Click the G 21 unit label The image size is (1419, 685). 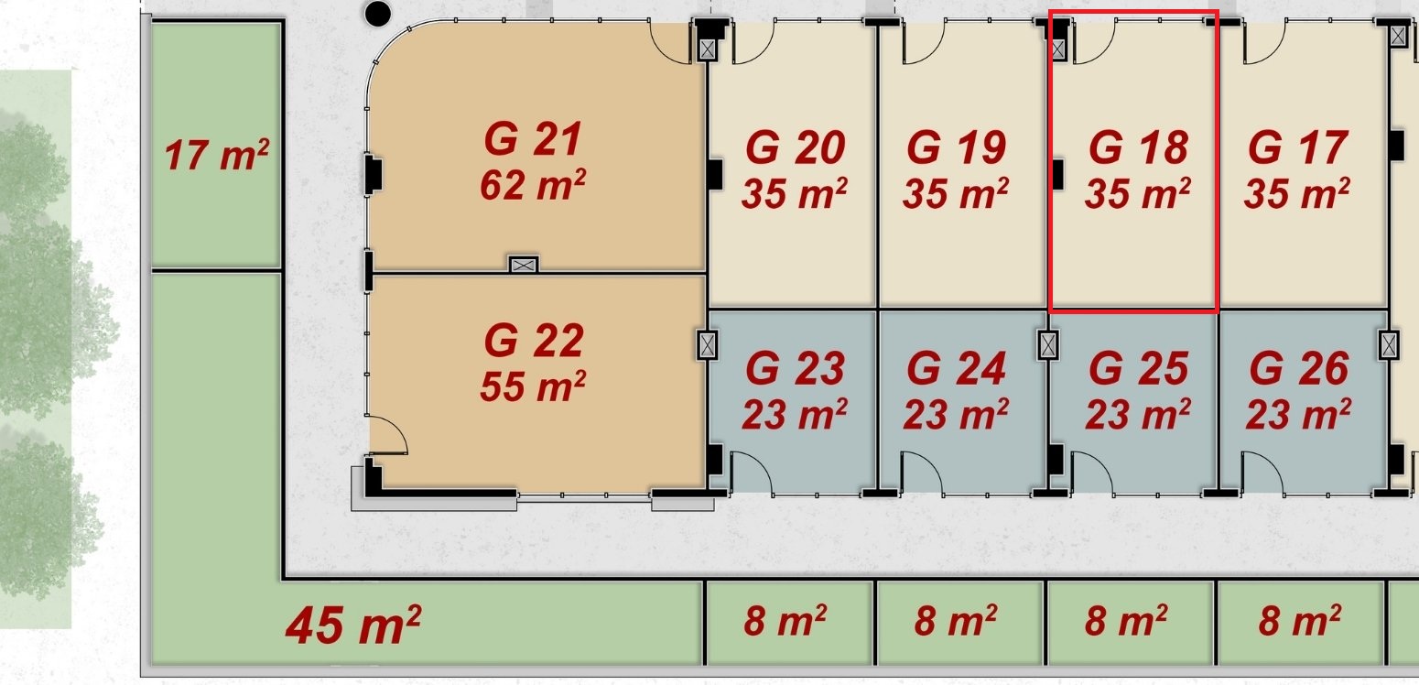click(x=533, y=139)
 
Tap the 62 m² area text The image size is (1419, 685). click(x=533, y=184)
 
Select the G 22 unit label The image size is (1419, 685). click(x=534, y=341)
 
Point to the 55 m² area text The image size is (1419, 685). click(x=533, y=386)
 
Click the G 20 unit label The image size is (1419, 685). click(x=795, y=147)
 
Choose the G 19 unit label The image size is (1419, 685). click(x=956, y=147)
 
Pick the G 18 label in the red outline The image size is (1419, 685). click(x=1138, y=147)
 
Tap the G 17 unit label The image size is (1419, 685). click(x=1297, y=147)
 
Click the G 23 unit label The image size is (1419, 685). click(x=795, y=368)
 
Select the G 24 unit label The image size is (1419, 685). click(x=956, y=368)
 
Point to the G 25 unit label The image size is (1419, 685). click(x=1138, y=368)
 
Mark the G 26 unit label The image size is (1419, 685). click(x=1299, y=368)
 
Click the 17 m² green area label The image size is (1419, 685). click(x=217, y=155)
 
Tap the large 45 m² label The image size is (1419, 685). click(x=352, y=625)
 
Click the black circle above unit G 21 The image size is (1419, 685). click(x=377, y=14)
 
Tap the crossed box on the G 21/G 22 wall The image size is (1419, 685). click(x=524, y=265)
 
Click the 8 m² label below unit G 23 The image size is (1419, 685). click(x=785, y=620)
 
